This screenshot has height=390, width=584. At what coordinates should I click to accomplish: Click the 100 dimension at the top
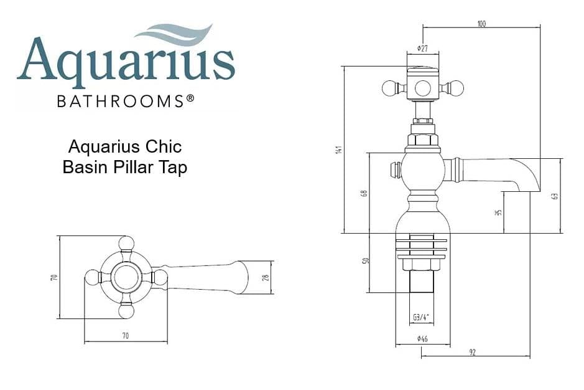[x=481, y=24]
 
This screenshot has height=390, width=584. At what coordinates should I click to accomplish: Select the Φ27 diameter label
[x=422, y=49]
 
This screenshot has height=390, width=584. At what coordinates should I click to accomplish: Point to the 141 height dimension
[x=338, y=150]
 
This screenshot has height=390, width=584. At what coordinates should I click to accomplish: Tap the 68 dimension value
[x=364, y=193]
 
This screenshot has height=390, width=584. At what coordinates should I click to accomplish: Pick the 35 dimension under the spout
[x=498, y=212]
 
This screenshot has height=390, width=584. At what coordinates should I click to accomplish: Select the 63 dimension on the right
[x=555, y=196]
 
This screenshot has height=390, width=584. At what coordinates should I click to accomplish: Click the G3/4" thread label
[x=421, y=317]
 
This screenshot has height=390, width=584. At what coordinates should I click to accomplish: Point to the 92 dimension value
[x=473, y=353]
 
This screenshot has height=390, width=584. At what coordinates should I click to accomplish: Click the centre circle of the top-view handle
[x=126, y=277]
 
